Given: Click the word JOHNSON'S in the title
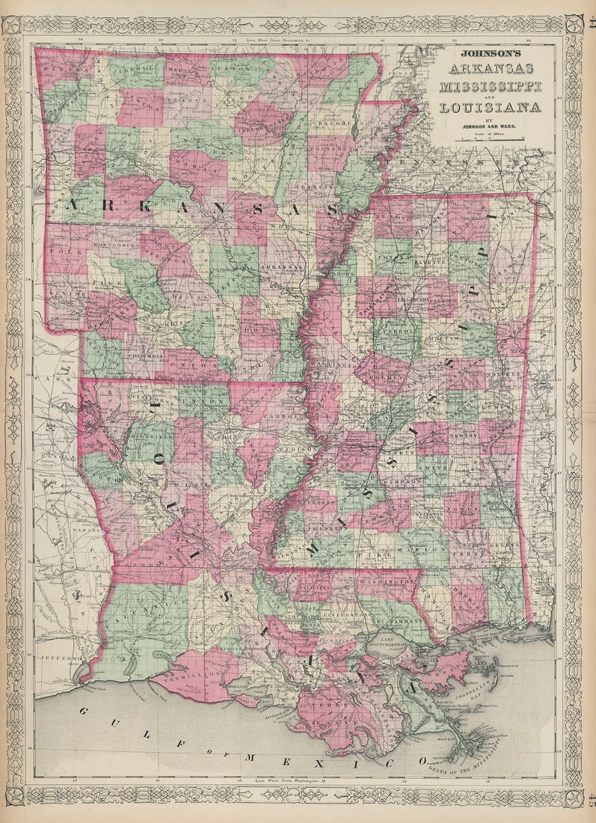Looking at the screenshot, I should click(x=490, y=54).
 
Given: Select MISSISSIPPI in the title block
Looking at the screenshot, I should click(x=490, y=88).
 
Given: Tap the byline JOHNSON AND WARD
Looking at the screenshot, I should click(x=490, y=126).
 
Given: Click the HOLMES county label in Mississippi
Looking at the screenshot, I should click(x=381, y=367).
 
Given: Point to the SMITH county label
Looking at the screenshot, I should click(x=438, y=464).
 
